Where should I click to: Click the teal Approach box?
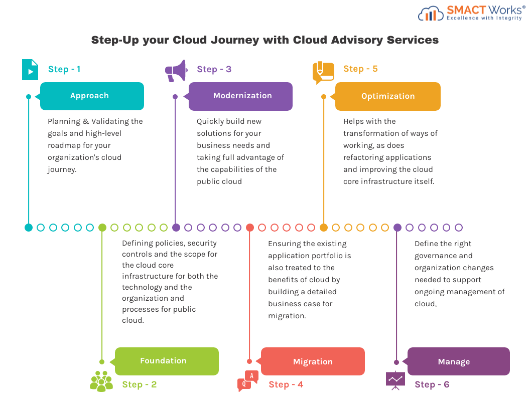(x=92, y=96)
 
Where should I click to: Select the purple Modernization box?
(x=241, y=96)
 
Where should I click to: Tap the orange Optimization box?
(x=387, y=96)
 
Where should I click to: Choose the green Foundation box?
(x=167, y=361)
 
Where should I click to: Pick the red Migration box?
(x=313, y=361)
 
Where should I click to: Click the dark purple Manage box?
(x=458, y=361)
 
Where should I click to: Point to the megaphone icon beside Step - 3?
(x=176, y=71)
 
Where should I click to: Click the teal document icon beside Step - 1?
(x=30, y=70)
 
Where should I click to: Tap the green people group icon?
(x=101, y=381)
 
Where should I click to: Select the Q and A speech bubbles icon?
(x=248, y=380)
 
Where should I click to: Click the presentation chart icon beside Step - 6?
(x=395, y=380)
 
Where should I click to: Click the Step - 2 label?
(x=139, y=384)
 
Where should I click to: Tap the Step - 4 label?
(x=286, y=384)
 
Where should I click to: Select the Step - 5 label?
(x=360, y=69)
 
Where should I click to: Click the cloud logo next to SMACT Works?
(x=431, y=14)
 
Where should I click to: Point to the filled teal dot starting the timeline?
(x=29, y=228)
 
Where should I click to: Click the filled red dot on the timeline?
(x=250, y=228)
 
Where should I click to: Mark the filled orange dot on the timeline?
(x=324, y=228)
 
